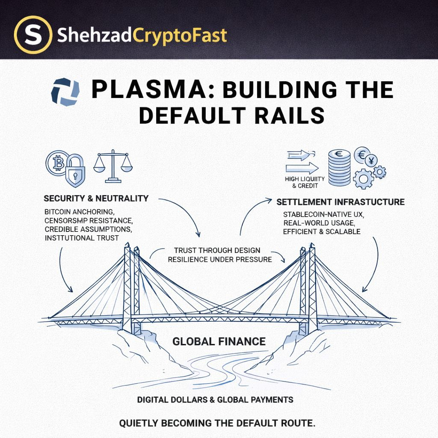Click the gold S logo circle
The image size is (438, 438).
click(x=33, y=35)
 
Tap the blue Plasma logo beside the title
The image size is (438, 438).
click(x=65, y=92)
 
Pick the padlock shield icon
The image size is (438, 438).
click(x=75, y=170)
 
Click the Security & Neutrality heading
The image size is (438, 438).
click(x=96, y=198)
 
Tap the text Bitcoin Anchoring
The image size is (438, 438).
click(x=79, y=212)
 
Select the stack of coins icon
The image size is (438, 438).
click(x=339, y=168)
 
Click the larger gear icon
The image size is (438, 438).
click(x=364, y=178)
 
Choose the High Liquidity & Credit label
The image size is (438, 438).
click(x=305, y=182)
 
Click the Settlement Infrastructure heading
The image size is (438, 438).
click(x=340, y=202)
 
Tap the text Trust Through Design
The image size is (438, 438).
click(x=217, y=250)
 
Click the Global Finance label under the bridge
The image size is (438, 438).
click(x=219, y=341)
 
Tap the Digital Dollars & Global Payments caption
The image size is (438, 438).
click(x=215, y=400)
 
